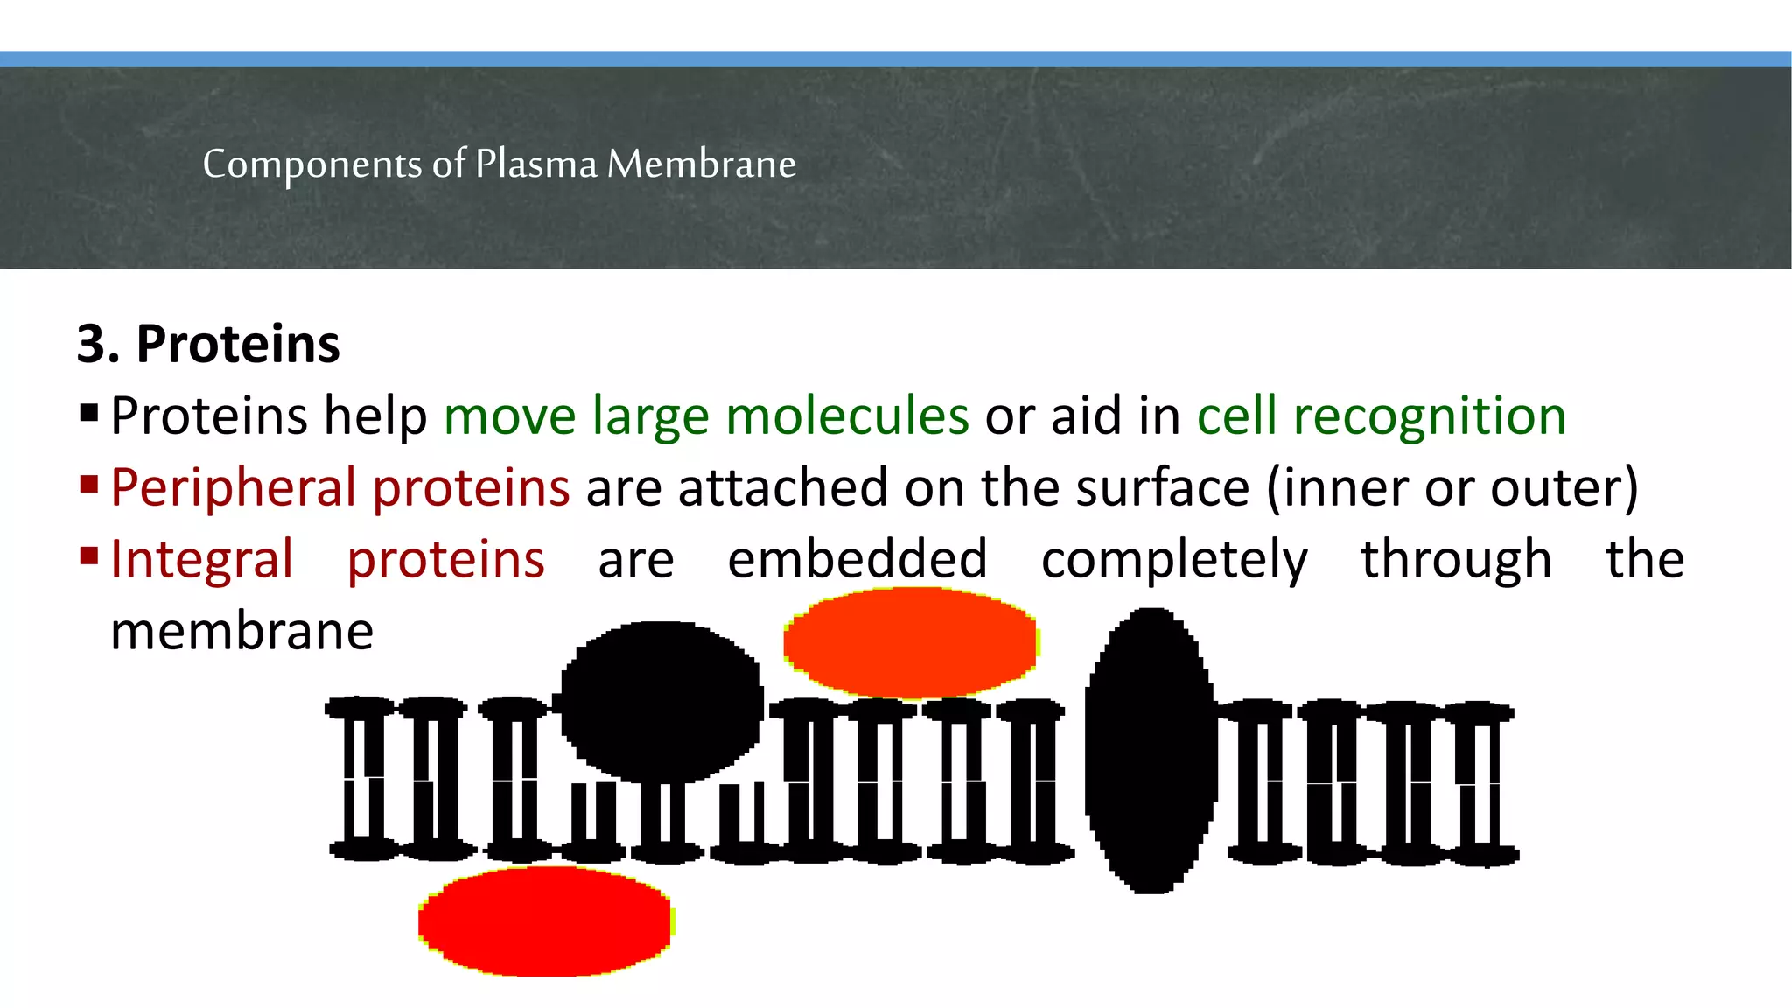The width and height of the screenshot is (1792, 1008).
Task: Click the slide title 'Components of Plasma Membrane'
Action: click(499, 164)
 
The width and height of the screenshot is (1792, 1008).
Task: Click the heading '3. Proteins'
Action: click(208, 344)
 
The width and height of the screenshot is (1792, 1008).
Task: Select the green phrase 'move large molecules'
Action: click(706, 416)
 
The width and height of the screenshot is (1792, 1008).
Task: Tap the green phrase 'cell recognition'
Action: click(1381, 416)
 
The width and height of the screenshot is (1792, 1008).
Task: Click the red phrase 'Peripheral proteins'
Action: click(340, 487)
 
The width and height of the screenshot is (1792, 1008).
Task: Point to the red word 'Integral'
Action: click(202, 560)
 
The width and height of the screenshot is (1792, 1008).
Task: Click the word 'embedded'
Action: click(857, 560)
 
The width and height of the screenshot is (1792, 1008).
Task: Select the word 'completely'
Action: click(1174, 560)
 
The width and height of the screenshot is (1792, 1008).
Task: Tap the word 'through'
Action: click(1456, 560)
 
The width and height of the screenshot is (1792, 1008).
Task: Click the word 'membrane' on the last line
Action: click(242, 632)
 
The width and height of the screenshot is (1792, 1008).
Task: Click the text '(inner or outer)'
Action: click(1452, 487)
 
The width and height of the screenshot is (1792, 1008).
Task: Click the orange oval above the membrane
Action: click(910, 642)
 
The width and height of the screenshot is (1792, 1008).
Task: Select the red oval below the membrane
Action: click(545, 920)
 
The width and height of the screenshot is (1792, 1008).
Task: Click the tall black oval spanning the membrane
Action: click(1150, 751)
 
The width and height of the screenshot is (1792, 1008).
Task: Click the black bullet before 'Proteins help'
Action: click(88, 412)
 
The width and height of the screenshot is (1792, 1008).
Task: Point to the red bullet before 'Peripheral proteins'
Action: click(88, 484)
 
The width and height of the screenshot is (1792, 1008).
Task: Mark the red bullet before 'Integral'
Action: click(88, 556)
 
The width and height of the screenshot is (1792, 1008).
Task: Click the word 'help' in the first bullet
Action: click(375, 416)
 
